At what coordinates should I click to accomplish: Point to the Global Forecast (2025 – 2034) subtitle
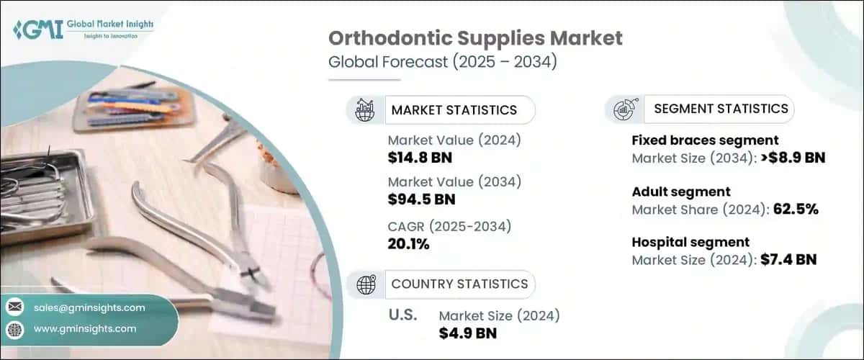[x=442, y=63]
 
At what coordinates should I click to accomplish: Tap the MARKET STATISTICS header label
[x=454, y=110]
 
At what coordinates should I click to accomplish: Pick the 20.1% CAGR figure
[x=408, y=244]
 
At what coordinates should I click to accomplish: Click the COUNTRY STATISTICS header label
[x=459, y=284]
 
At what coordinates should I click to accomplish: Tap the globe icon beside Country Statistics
[x=366, y=284]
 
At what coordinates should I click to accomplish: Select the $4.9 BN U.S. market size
[x=467, y=333]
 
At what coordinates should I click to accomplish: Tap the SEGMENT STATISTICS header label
[x=721, y=109]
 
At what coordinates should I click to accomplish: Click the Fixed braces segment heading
[x=705, y=140]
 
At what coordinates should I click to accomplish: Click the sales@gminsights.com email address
[x=89, y=307]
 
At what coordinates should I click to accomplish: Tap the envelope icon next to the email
[x=14, y=307]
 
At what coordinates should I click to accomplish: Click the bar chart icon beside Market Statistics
[x=366, y=110]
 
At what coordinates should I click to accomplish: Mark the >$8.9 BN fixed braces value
[x=788, y=158]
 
